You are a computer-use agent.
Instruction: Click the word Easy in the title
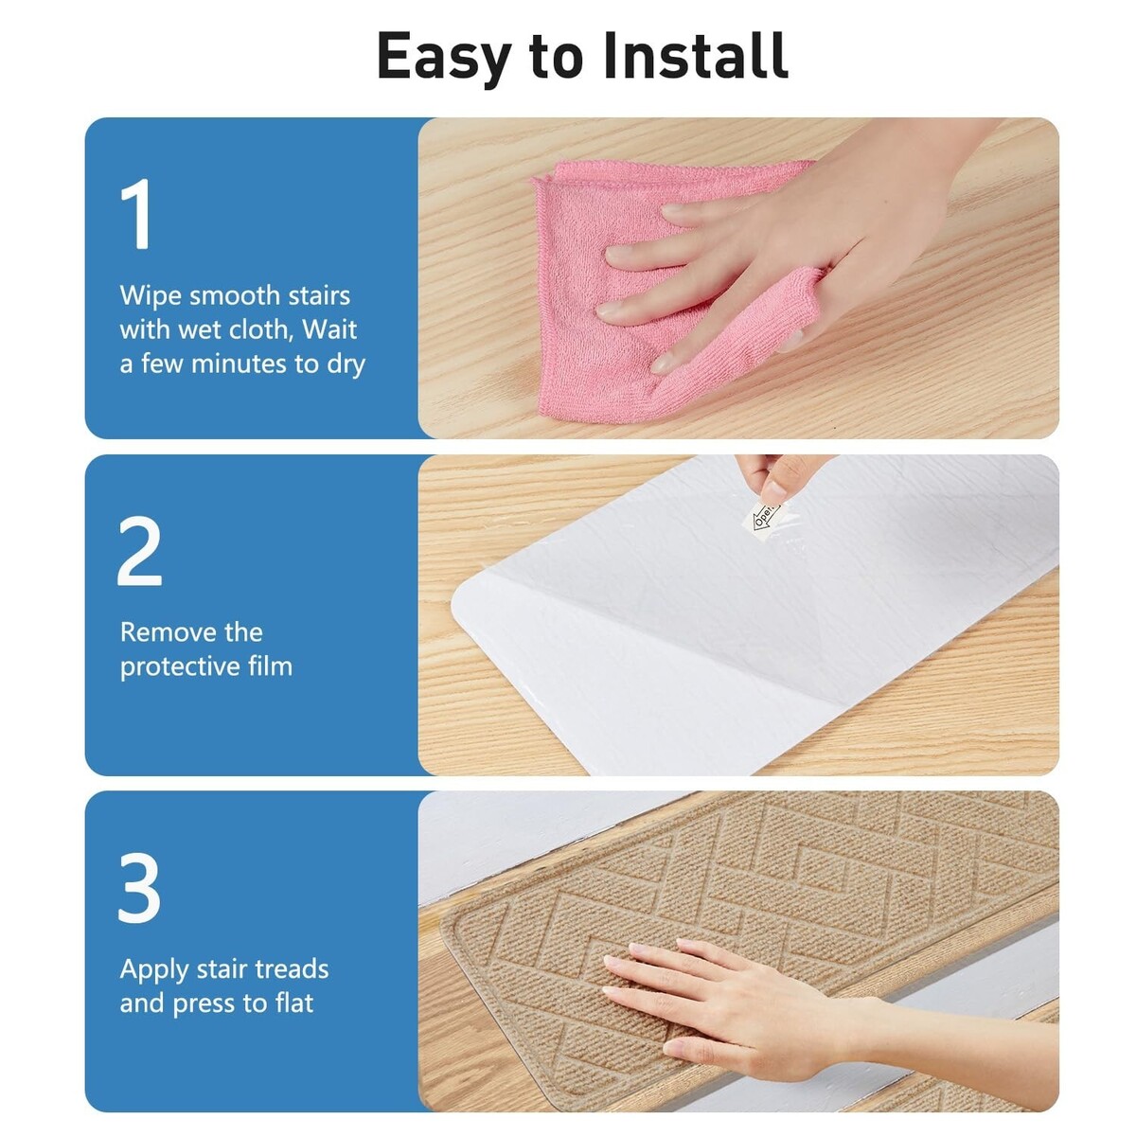coord(443,58)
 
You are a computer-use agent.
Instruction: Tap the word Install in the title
coord(695,55)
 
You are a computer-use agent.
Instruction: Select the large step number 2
coord(139,551)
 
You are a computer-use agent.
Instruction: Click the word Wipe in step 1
coord(150,295)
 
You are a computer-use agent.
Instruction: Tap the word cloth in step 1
coord(261,328)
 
